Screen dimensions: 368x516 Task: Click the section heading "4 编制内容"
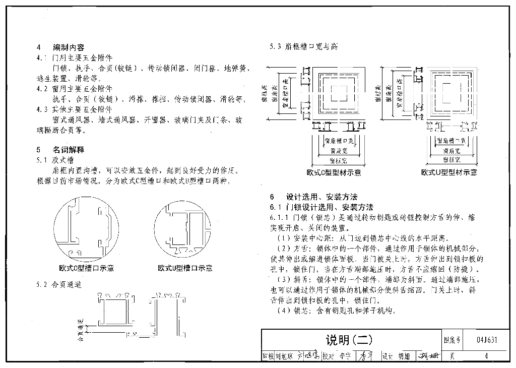point(60,48)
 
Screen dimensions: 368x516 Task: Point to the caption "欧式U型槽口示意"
point(185,268)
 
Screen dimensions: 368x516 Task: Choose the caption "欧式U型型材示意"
point(449,172)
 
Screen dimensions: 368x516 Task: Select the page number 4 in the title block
point(486,356)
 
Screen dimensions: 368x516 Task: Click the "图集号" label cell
point(453,340)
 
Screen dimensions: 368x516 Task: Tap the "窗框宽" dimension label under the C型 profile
point(338,161)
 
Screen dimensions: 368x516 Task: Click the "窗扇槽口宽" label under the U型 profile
point(451,140)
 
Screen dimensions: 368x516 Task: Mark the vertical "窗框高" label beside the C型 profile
point(264,94)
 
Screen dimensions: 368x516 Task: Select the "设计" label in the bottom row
point(387,356)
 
